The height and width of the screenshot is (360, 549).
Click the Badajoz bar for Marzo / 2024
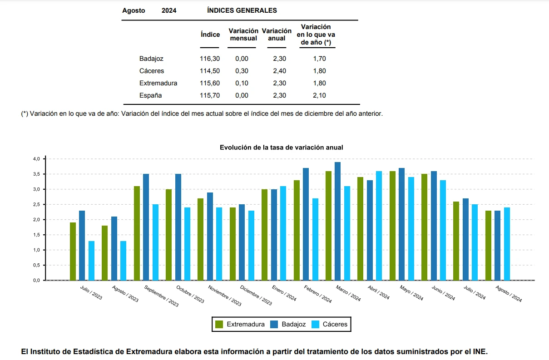click(x=337, y=221)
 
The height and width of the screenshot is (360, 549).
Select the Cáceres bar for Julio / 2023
click(x=91, y=261)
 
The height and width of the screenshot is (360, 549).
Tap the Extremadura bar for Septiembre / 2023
click(x=137, y=233)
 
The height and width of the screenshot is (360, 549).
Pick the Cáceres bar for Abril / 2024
click(x=379, y=226)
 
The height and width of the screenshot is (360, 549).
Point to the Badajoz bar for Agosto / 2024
click(x=498, y=245)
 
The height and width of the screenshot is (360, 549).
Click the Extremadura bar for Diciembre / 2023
click(x=232, y=244)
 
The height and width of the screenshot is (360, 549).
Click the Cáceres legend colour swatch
click(x=315, y=324)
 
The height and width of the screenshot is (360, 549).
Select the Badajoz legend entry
click(x=288, y=324)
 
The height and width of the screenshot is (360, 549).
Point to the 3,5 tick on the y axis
click(x=45, y=174)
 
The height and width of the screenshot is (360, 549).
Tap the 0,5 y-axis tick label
click(x=36, y=265)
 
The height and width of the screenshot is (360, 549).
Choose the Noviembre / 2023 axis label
click(x=224, y=296)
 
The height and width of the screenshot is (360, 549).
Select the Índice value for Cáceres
click(x=210, y=71)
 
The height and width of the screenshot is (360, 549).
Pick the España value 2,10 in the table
click(x=319, y=96)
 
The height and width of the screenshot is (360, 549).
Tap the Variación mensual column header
click(x=243, y=35)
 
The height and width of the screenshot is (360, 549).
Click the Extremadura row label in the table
click(x=158, y=84)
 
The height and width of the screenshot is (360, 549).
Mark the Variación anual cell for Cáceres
click(x=280, y=71)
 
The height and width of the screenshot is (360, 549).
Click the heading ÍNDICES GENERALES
click(x=242, y=10)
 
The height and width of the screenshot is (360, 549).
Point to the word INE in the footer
click(x=480, y=352)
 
